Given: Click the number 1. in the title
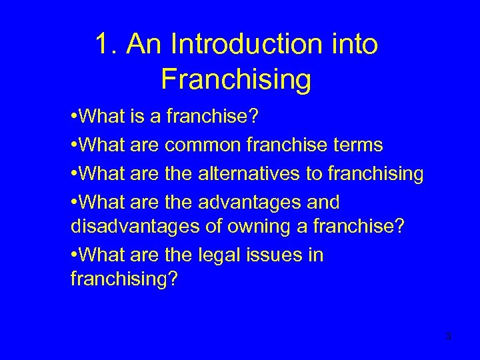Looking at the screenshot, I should click(105, 44).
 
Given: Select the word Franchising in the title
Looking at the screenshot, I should click(236, 79).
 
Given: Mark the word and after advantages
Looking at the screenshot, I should click(319, 201).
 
